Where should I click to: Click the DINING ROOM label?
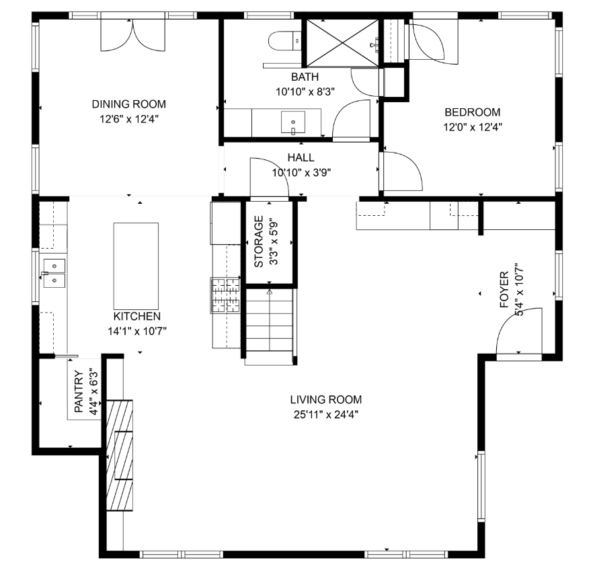[x=129, y=104]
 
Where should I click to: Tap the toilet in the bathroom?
[x=284, y=40]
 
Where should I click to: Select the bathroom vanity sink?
[x=293, y=122]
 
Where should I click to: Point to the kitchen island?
[x=136, y=266]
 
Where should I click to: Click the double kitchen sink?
[x=54, y=273]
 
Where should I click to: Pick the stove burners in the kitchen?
[x=226, y=295]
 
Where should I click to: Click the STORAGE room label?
[x=259, y=241]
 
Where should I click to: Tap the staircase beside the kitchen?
[x=270, y=326]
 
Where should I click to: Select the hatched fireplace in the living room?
[x=120, y=455]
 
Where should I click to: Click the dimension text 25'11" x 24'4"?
[x=326, y=415]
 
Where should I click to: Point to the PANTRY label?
[x=79, y=391]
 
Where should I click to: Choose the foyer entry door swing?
[x=519, y=331]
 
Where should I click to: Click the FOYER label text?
[x=504, y=290]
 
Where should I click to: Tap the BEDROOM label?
[x=473, y=112]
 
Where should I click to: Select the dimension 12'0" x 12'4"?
[x=473, y=127]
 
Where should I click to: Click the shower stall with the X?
[x=343, y=43]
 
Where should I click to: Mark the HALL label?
[x=301, y=157]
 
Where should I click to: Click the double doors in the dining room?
[x=132, y=35]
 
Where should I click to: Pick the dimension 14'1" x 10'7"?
[x=137, y=331]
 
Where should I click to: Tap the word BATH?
[x=305, y=77]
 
